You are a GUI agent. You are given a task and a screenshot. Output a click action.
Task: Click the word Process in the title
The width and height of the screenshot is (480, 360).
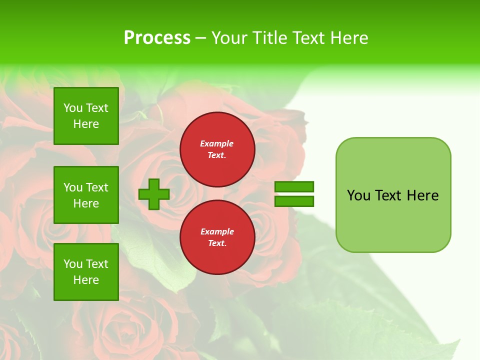coord(157,38)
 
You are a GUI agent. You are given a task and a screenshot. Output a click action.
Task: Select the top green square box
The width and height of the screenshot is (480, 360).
coord(86,116)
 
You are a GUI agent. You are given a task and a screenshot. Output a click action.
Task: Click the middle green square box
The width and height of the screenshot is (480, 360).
coord(86,195)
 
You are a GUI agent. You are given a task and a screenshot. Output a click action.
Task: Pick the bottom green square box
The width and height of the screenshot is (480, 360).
coord(86,271)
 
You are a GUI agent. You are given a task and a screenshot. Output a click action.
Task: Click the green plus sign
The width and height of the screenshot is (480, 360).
coord(154,194)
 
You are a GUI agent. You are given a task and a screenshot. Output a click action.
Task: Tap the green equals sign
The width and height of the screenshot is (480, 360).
coord(294,194)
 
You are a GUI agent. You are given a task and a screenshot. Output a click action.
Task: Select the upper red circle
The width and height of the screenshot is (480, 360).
coord(217,149)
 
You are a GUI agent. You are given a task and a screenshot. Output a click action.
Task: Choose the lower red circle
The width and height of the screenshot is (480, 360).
coord(217,237)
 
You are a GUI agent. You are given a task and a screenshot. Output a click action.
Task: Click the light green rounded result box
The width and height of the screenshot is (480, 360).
coord(393,195)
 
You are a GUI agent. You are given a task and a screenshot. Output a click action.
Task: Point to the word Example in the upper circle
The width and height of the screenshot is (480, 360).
coord(217,143)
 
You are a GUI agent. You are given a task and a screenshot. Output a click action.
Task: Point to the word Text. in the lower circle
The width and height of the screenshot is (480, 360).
coord(217,243)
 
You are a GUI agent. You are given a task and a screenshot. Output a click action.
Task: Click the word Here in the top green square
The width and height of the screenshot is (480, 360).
coord(86,124)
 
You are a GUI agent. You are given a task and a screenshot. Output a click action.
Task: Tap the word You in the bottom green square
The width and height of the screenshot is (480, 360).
coord(73,263)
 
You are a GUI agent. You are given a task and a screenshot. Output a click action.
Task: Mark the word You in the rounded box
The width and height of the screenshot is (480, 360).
coord(358,195)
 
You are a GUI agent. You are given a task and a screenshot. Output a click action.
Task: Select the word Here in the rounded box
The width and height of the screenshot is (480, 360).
coord(422,195)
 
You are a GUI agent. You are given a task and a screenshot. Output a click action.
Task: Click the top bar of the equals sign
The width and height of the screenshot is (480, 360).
coord(294,187)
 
